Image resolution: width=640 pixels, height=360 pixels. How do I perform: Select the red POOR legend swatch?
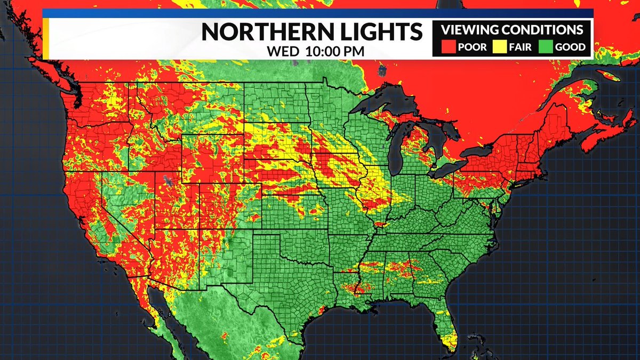point(449,47)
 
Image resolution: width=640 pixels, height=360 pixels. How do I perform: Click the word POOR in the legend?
point(471,47)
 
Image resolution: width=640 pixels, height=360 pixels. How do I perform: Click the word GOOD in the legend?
point(570,47)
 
